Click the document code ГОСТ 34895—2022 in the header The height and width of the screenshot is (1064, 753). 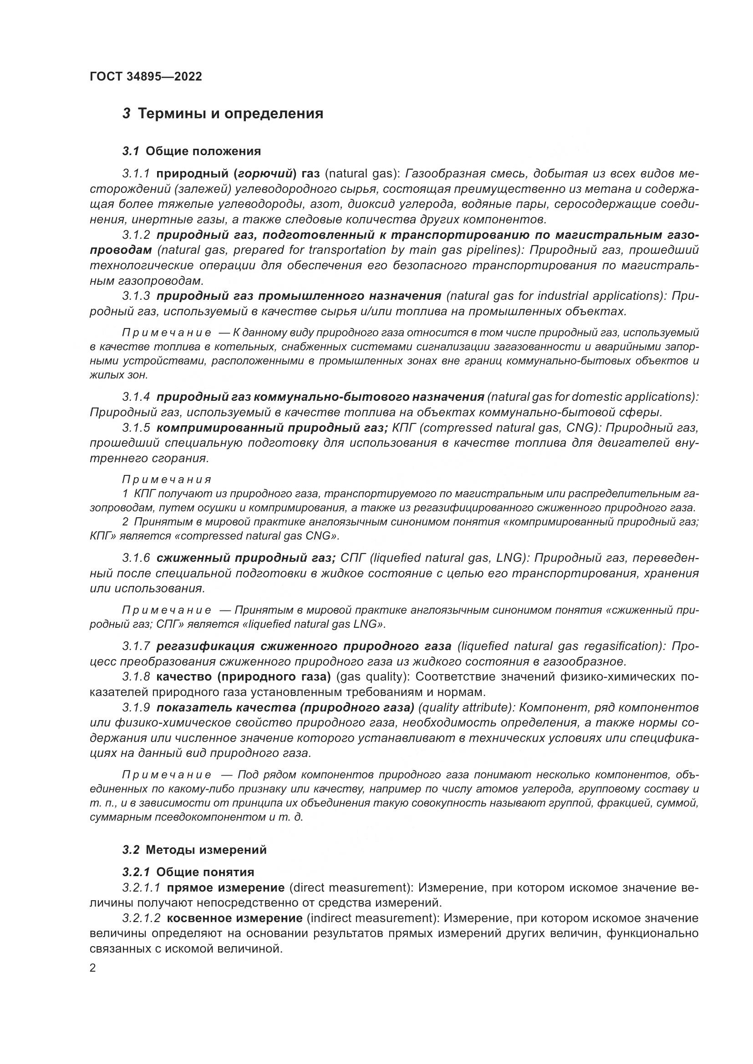pos(146,77)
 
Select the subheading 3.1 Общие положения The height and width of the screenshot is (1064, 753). pos(192,151)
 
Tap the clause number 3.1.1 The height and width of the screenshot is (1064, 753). pos(136,174)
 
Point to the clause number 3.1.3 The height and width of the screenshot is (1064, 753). pos(136,296)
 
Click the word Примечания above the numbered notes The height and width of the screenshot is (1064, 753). pos(167,479)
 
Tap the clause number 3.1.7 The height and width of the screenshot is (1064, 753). pos(136,646)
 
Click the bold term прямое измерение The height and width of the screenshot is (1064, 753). pos(225,888)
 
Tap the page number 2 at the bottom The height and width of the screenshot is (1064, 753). pos(93,968)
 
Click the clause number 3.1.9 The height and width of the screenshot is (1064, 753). pos(136,708)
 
